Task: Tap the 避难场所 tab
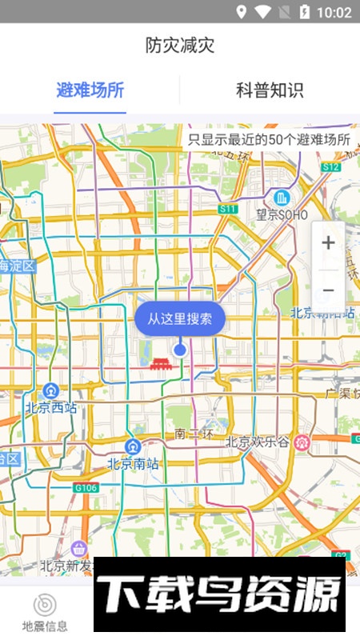(90, 90)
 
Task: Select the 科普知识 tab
(270, 90)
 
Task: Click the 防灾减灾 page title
(180, 45)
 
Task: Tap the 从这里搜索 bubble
(180, 319)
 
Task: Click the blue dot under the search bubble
(180, 350)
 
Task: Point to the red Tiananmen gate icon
(160, 363)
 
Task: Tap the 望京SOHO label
(282, 214)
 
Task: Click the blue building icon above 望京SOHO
(281, 197)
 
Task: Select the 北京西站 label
(51, 407)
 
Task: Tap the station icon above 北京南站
(134, 446)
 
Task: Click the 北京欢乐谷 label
(258, 441)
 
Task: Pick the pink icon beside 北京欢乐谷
(302, 441)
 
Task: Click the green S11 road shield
(228, 208)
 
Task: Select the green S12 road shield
(331, 166)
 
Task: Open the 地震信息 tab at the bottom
(45, 612)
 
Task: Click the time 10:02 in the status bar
(334, 12)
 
